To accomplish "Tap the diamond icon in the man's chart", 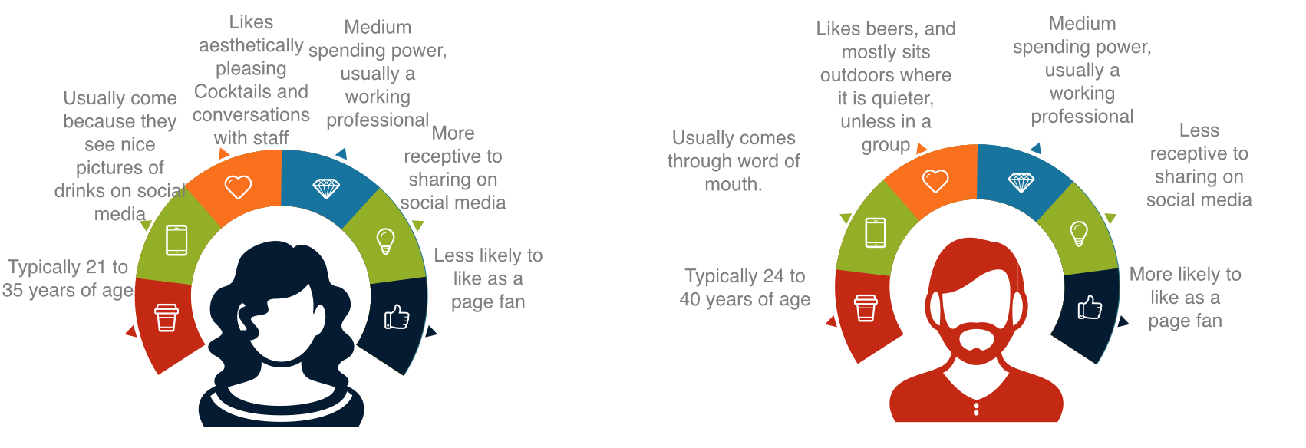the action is pyautogui.click(x=1021, y=183).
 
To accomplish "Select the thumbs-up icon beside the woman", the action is pyautogui.click(x=397, y=317).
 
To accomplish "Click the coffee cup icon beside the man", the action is pyautogui.click(x=866, y=308).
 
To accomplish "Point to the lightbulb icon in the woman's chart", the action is pyautogui.click(x=385, y=241).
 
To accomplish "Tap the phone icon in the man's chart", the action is pyautogui.click(x=875, y=232).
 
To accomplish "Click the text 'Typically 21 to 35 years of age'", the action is pyautogui.click(x=68, y=278).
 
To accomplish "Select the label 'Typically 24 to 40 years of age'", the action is pyautogui.click(x=744, y=287).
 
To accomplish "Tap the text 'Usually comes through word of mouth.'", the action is pyautogui.click(x=734, y=161).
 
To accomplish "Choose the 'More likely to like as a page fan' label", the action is pyautogui.click(x=1185, y=297).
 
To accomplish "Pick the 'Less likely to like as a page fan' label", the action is pyautogui.click(x=488, y=278).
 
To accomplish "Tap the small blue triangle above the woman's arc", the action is pyautogui.click(x=341, y=153).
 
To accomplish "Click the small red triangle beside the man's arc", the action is pyautogui.click(x=832, y=321).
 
